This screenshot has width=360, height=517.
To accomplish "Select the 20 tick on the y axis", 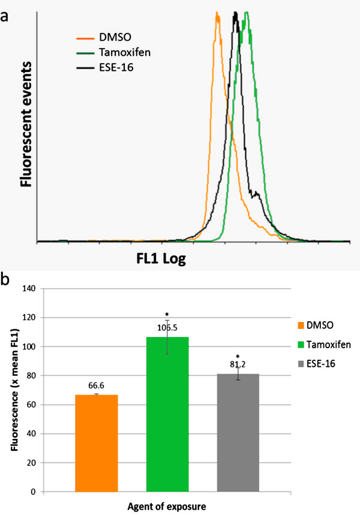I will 32,463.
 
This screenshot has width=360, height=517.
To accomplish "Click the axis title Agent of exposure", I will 167,507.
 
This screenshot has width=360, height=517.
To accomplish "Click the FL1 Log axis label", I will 158,259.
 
